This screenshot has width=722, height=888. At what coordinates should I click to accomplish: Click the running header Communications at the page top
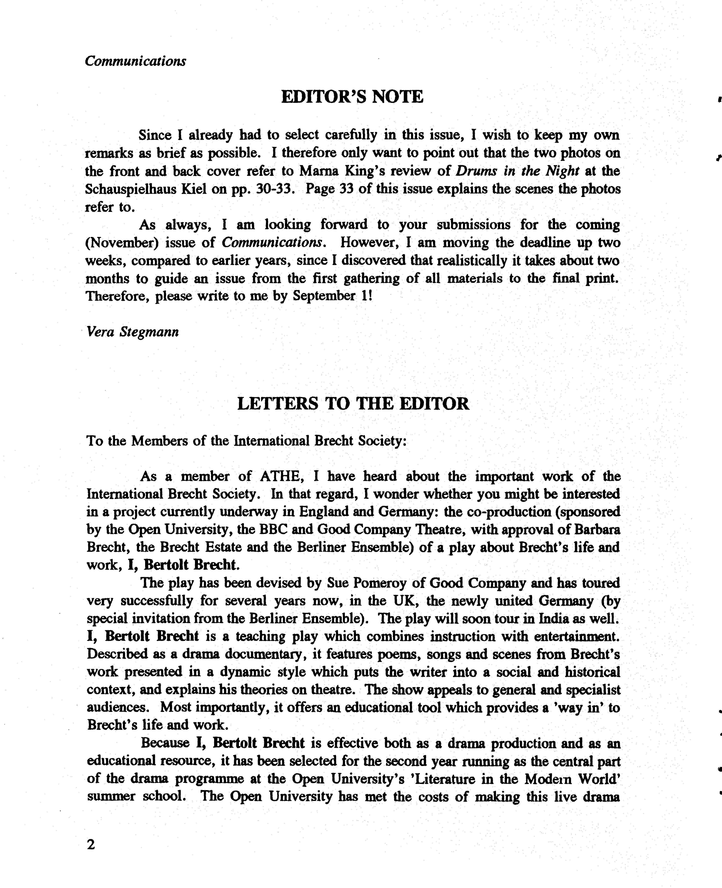135,61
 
